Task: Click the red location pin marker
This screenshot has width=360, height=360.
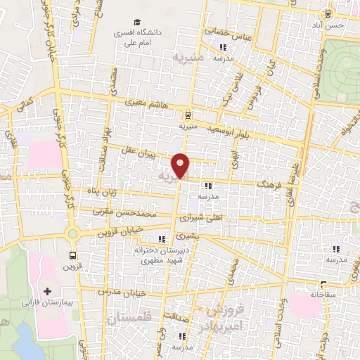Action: (181, 166)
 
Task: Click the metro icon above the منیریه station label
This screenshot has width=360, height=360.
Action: (187, 115)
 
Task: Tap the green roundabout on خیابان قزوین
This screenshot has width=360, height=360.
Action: (72, 234)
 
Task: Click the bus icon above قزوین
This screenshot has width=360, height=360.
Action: (73, 256)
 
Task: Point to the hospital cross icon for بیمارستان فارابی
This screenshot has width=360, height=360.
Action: (48, 290)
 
